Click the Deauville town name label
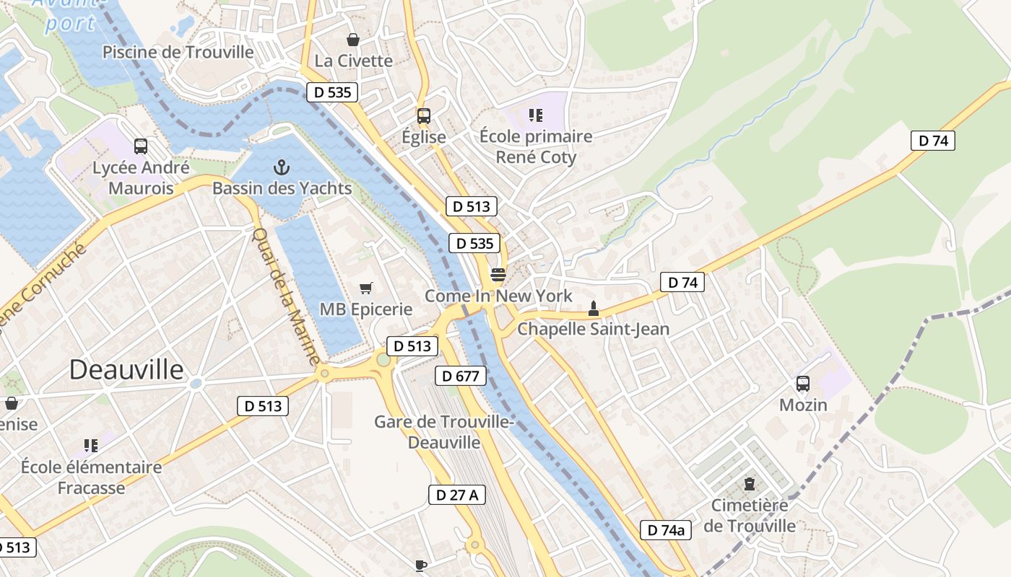126,370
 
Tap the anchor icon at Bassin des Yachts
282,168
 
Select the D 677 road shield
461,376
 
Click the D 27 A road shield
457,495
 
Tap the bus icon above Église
424,115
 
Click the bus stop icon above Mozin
803,384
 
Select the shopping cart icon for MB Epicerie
366,288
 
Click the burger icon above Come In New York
498,274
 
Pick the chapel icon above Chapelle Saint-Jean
594,309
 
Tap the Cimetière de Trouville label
750,515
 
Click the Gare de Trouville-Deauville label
443,431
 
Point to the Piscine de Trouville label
178,52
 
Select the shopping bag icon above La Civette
353,40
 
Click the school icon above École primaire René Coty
535,115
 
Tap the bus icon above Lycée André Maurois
141,146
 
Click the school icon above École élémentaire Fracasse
91,446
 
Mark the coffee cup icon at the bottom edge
422,566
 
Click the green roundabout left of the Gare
383,359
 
